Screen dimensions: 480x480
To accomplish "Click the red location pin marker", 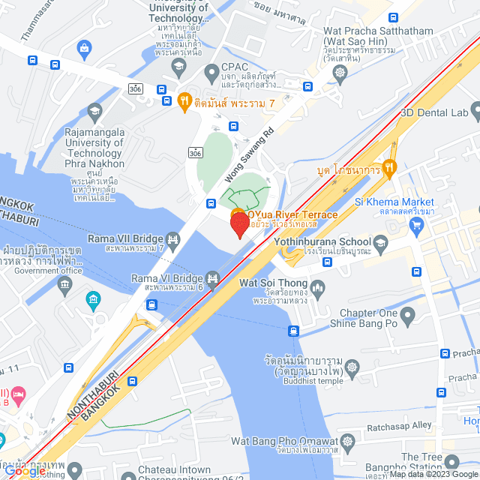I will pyautogui.click(x=239, y=223).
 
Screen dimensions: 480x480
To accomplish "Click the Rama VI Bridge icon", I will pyautogui.click(x=213, y=281).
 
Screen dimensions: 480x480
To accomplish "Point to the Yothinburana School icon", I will pyautogui.click(x=382, y=241).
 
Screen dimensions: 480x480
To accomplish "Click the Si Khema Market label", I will pyautogui.click(x=394, y=202).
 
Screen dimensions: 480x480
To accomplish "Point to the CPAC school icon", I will pyautogui.click(x=178, y=67).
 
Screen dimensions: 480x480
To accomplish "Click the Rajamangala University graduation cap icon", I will pyautogui.click(x=94, y=112).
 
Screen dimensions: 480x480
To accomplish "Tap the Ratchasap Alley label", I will pyautogui.click(x=402, y=425).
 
